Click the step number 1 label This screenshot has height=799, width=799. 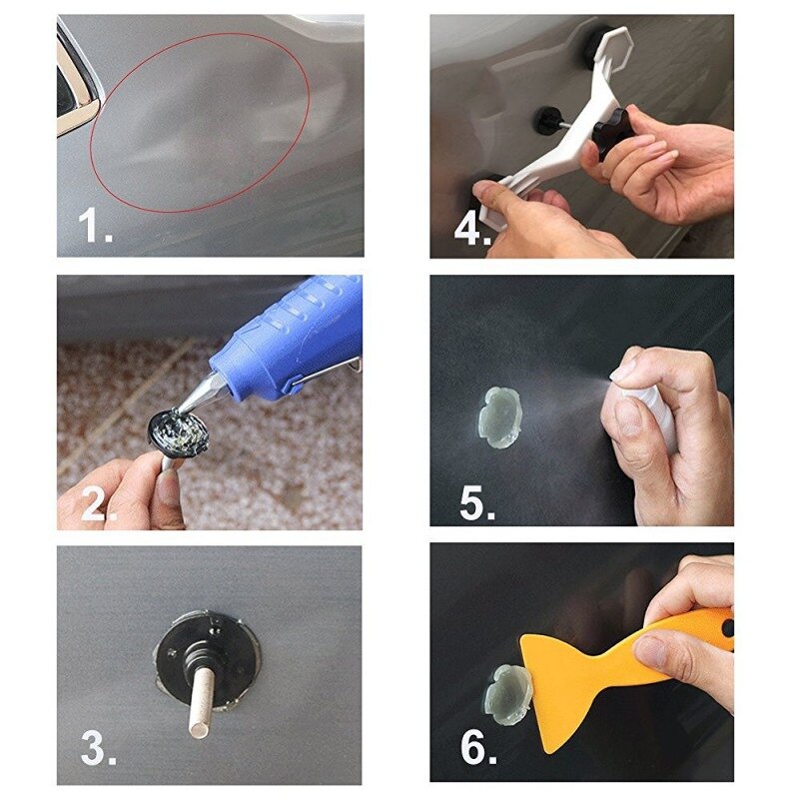[x=96, y=228]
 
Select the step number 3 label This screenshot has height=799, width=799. [x=98, y=749]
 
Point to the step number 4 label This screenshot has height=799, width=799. [x=472, y=228]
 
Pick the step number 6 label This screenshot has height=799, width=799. [x=476, y=750]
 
